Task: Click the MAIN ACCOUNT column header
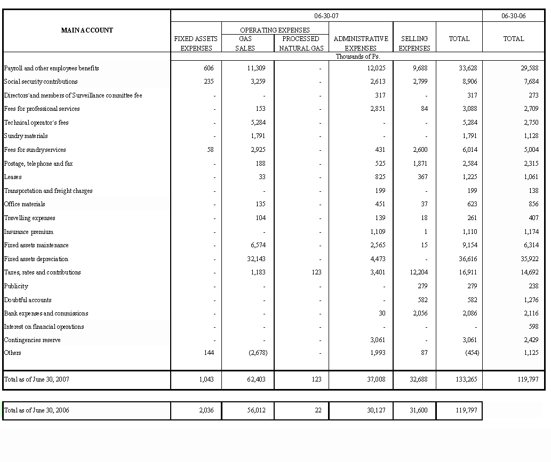(87, 30)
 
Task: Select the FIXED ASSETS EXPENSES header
(196, 43)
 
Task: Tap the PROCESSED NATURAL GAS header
(301, 43)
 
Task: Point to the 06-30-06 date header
(513, 16)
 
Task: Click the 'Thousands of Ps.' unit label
(357, 56)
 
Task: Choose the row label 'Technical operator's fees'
(36, 123)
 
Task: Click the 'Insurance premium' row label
(29, 232)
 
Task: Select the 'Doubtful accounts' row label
(28, 300)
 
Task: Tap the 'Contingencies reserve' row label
(32, 340)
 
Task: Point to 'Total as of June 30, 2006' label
(36, 410)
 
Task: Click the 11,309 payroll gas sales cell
(256, 68)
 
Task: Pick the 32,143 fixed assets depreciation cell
(256, 259)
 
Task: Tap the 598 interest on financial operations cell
(531, 327)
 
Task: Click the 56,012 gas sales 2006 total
(257, 410)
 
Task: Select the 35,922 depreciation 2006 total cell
(528, 259)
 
